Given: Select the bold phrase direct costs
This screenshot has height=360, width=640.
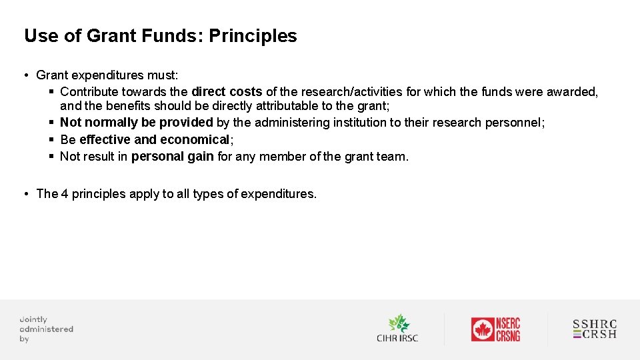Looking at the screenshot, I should (x=227, y=92).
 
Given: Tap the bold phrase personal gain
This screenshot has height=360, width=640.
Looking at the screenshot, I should (x=172, y=157).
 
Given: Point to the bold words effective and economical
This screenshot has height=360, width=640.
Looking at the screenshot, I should (x=154, y=139).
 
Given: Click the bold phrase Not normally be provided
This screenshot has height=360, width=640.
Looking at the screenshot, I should (x=136, y=123).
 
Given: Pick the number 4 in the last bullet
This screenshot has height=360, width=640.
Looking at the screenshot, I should (x=65, y=194).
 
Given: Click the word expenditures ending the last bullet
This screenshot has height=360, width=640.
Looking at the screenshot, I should (x=277, y=194).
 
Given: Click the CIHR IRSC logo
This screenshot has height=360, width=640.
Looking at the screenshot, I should (x=397, y=329).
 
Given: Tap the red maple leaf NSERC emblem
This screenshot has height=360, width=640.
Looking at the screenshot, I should (x=482, y=329).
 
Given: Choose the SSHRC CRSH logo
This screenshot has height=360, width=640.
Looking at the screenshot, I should (x=595, y=329).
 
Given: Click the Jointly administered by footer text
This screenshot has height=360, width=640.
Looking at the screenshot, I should (x=46, y=329).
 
